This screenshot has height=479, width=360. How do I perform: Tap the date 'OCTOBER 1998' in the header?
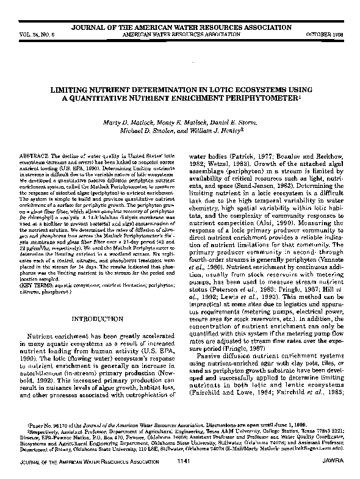[x=326, y=34]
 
